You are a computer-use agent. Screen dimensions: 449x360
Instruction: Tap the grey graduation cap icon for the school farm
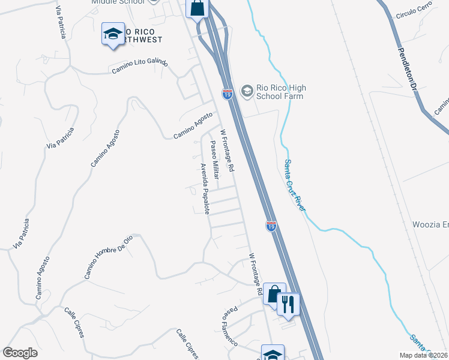246,91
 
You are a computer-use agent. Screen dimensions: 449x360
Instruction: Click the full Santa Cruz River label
295,185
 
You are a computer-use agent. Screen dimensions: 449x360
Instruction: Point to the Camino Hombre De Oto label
108,257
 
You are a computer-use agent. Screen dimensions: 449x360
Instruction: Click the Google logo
20,353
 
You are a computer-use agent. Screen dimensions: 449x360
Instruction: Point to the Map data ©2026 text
423,355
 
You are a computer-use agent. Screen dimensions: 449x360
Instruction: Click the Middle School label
118,2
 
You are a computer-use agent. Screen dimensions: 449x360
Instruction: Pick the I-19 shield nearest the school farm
227,94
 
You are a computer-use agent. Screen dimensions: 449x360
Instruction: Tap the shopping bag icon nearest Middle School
197,9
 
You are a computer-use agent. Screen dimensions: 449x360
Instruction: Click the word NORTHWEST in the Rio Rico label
144,41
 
